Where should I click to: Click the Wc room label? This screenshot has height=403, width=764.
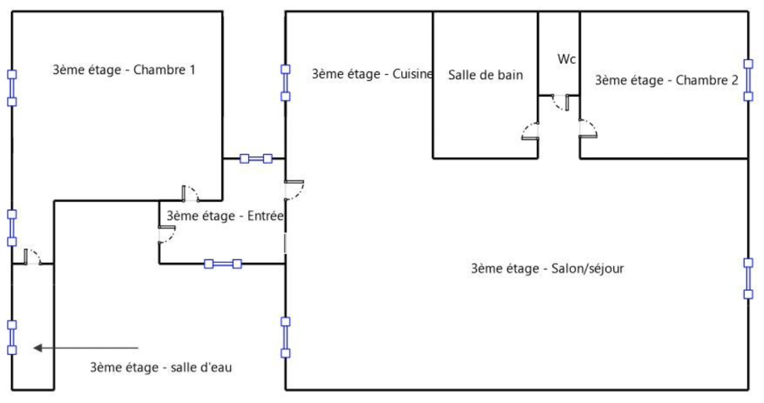coord(567,59)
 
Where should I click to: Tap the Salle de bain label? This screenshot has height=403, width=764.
coord(485,75)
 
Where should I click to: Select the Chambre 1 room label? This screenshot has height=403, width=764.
coord(124,70)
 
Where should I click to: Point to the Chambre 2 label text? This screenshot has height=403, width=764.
coord(666,80)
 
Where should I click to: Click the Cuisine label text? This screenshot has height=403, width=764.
coord(372,74)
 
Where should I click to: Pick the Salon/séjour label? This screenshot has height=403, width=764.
coord(547,269)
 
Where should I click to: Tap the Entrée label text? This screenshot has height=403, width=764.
coord(225,216)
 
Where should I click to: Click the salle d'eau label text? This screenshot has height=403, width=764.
coord(161,368)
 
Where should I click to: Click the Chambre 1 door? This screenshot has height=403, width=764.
coord(190,193)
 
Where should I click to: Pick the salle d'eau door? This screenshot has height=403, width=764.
coord(32,257)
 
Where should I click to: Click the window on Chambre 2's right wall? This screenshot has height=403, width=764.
coord(748,80)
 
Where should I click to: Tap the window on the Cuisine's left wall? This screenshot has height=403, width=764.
coord(286,83)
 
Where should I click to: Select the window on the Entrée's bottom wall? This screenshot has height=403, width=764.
coord(223,264)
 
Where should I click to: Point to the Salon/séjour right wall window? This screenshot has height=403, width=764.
coord(748,279)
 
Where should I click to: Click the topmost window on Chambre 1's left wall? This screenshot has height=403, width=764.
coord(12,88)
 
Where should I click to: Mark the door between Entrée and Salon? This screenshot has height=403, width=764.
coord(294,190)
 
